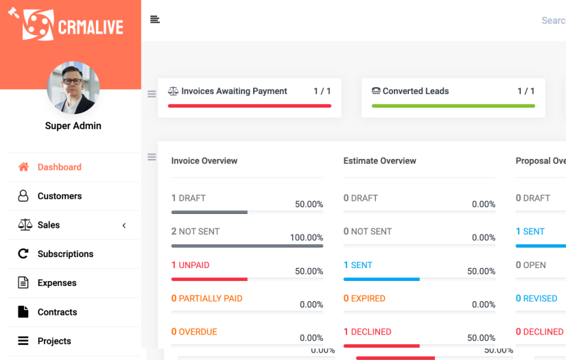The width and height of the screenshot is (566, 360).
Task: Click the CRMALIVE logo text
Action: [91, 27]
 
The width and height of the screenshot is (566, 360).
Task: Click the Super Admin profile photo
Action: [73, 88]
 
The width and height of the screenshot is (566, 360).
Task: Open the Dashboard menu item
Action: [59, 167]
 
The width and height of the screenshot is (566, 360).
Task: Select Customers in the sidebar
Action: [59, 196]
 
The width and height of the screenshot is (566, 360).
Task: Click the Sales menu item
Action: [48, 225]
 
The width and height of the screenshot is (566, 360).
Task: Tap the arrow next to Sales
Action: [124, 226]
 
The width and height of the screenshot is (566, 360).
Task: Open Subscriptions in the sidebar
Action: [65, 254]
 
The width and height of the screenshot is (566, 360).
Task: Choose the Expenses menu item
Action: [57, 283]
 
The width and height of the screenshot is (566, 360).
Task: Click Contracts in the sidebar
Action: [57, 312]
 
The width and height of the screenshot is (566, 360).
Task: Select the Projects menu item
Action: [54, 341]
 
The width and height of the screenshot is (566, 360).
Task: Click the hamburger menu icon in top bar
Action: [155, 20]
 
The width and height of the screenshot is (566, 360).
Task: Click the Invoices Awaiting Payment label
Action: [234, 91]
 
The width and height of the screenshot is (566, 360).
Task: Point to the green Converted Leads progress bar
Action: [453, 106]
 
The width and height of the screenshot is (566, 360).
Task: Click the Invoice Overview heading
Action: [204, 161]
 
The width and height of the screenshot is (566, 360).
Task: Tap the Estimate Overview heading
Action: [379, 161]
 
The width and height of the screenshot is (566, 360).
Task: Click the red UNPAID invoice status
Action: [194, 265]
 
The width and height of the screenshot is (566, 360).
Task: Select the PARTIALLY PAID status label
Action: [210, 298]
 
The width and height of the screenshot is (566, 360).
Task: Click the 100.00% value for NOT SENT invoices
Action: [306, 238]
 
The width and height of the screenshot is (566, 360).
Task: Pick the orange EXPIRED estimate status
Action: [368, 298]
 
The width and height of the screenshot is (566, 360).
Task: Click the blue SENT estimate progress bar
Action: [381, 279]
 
